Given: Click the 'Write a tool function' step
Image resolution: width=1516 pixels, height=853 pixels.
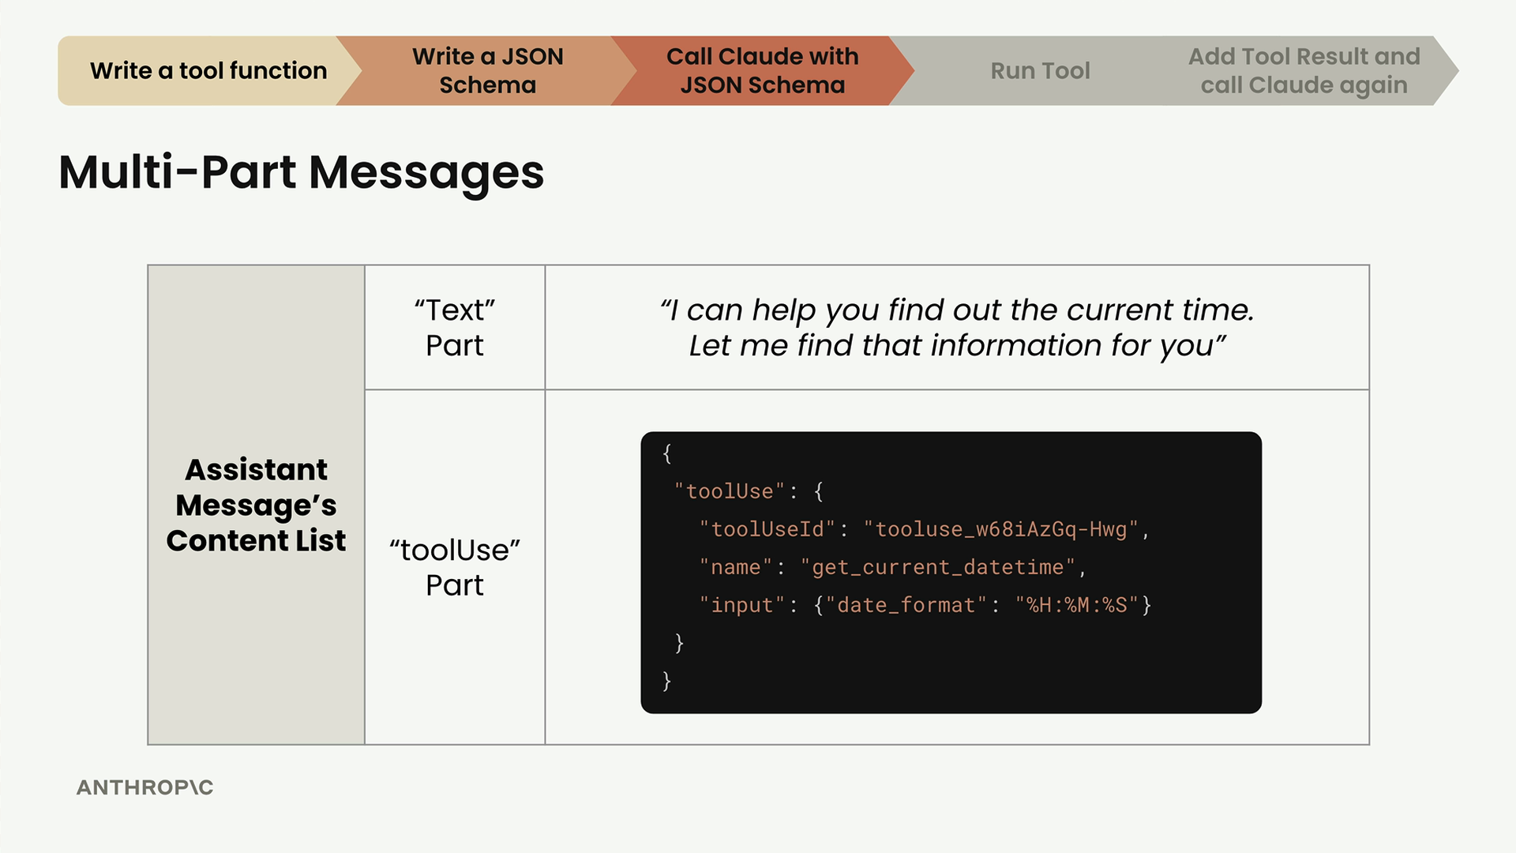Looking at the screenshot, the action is point(208,70).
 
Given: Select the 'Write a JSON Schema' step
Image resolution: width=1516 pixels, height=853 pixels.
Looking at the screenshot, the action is point(487,70).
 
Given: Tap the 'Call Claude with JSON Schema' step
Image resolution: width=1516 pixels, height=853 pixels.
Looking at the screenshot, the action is point(762,70).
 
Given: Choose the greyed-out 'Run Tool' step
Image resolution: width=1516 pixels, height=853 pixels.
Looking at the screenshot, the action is point(1040,70).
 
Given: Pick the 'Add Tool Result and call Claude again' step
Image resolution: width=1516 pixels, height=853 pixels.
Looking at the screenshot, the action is point(1304,70).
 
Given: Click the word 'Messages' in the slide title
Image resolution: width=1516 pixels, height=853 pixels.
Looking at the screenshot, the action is point(426,172).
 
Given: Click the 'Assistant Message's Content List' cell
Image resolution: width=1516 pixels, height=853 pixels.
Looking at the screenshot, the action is point(256,505).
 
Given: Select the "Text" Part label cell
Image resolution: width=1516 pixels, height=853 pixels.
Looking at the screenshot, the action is point(455,327).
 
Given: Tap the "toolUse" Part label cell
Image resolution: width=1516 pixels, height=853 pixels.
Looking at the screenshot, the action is point(455,567).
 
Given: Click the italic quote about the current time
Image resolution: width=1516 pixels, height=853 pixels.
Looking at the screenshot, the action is point(957,327).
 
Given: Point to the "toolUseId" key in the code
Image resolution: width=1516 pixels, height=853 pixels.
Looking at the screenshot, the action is point(767,529).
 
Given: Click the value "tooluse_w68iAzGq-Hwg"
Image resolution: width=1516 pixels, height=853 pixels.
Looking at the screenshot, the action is point(1001,529).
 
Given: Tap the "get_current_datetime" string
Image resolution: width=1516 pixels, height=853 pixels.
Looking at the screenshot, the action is point(938,567).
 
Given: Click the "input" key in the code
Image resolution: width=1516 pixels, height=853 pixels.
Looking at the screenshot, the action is point(742,605).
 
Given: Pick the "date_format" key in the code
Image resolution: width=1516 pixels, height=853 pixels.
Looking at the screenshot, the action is point(906,605).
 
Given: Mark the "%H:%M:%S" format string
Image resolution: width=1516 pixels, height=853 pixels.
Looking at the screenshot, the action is point(1077,605).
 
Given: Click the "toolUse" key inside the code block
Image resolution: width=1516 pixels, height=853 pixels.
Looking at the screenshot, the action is point(730,491).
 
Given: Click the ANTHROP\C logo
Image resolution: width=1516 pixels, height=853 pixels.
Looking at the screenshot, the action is point(145,787).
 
